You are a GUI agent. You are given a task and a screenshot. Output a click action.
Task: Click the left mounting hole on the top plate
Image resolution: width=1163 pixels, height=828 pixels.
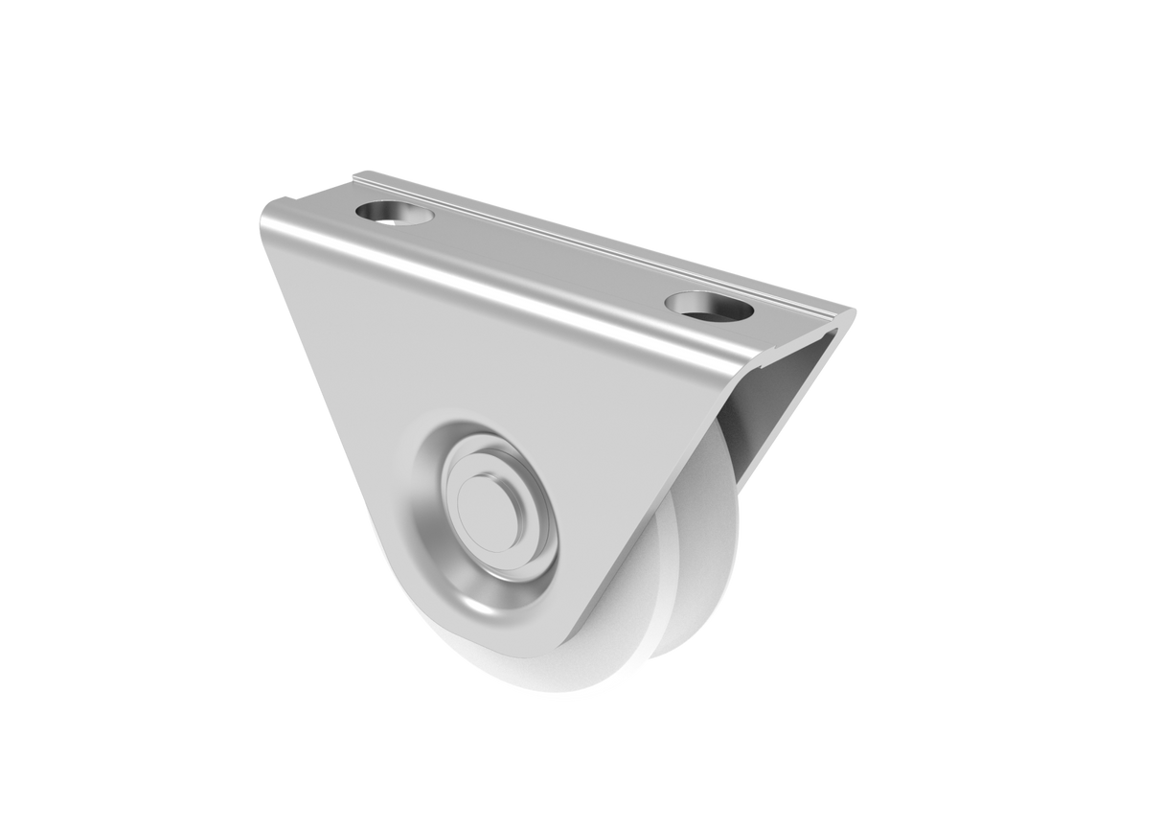point(393,211)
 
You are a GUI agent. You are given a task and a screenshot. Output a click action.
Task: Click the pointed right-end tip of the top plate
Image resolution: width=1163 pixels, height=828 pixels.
point(852,310)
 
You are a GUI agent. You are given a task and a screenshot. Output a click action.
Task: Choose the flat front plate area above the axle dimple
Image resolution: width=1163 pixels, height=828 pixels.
point(460,364)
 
